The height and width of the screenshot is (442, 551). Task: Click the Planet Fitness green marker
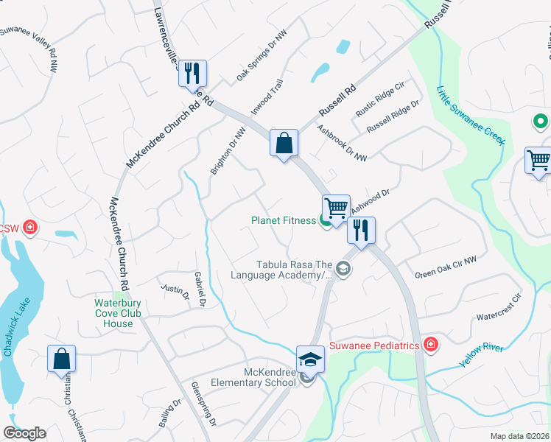325,221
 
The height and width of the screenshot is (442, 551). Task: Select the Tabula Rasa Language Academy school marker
343,270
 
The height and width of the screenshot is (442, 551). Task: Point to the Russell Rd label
337,101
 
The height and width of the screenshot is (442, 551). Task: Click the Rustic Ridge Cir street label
380,99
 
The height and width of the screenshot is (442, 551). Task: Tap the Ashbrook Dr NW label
342,141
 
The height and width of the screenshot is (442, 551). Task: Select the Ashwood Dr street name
370,200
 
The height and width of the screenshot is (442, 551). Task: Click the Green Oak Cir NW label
446,267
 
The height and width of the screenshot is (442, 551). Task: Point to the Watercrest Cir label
498,309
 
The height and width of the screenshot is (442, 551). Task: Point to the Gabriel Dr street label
200,288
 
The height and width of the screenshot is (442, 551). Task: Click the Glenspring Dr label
203,404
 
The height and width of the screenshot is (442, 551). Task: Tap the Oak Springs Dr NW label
261,56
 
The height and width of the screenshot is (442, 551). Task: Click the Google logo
24,433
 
